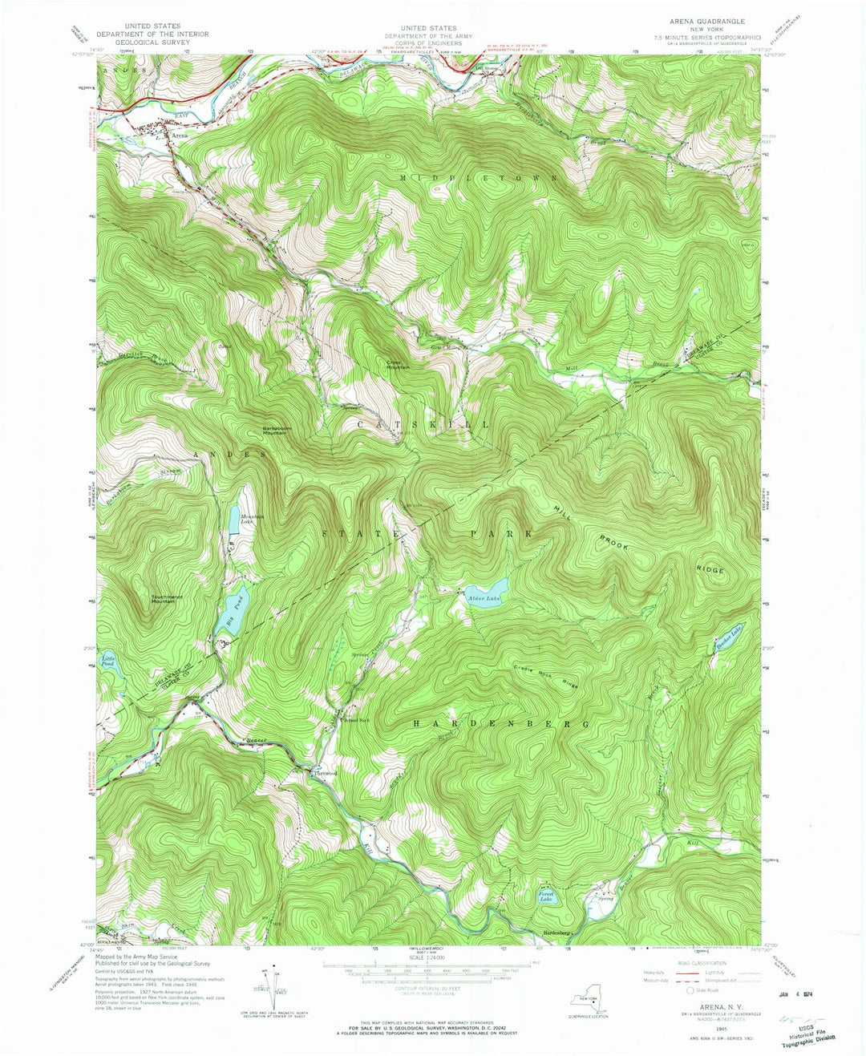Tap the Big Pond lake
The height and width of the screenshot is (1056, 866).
coord(232,609)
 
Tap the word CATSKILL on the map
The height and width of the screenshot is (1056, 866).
coord(423,423)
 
